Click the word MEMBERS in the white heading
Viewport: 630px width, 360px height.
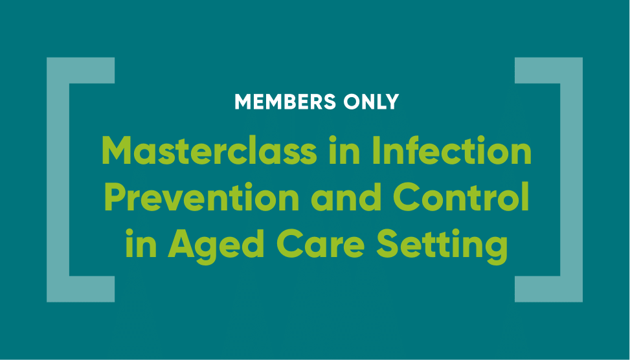tap(286, 102)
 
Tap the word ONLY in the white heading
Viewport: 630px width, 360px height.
tap(371, 102)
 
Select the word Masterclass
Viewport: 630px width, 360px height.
tap(209, 150)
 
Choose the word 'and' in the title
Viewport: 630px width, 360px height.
tap(346, 197)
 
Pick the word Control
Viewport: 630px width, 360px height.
tap(461, 197)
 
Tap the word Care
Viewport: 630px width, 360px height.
tap(321, 244)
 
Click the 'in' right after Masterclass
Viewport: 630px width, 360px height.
tap(345, 150)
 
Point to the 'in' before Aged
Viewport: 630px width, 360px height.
tap(141, 244)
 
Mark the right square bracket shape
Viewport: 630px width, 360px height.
tap(571, 179)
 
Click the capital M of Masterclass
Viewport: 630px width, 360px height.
tap(117, 150)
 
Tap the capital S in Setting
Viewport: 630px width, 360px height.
tap(387, 244)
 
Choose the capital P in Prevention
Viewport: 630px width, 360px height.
tap(115, 197)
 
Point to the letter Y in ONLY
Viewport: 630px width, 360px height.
tap(392, 102)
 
